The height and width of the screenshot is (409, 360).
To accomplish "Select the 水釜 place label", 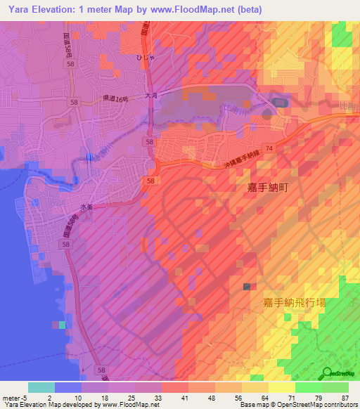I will point(86,207).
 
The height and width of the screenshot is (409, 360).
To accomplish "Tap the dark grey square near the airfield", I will point(246,287).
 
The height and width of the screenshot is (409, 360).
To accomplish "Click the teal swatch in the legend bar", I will point(41,387).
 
